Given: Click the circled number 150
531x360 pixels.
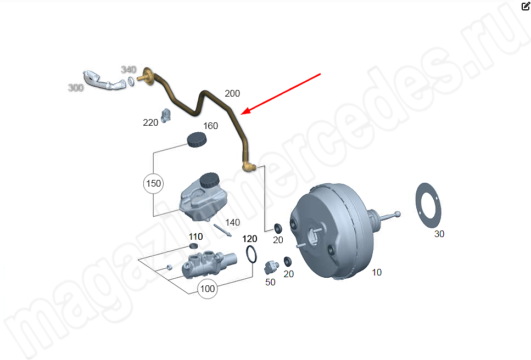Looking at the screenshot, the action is coord(153,183).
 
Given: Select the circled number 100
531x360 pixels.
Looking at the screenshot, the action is coord(207,289).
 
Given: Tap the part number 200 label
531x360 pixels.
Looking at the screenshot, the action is coord(232,93).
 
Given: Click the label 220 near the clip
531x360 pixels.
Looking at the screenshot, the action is coord(150,122).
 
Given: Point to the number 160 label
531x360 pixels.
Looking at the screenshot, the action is coord(210,126).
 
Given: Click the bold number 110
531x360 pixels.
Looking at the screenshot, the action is coord(195,237).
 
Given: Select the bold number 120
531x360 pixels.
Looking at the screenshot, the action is coord(250,239).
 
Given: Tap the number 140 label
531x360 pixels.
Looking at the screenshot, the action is coord(233,222).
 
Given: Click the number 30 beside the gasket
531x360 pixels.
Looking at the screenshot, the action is coord(439,234).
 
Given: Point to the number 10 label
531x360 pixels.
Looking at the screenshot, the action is coord(377,272).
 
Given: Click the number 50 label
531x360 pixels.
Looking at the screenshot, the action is coord(270,282).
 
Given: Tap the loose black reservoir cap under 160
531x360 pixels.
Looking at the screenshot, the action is coord(197,139).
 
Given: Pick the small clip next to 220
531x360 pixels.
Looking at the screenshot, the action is coord(166,116).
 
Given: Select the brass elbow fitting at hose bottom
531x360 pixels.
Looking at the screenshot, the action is coord(249,167).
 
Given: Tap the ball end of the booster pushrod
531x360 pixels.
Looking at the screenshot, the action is coord(398,214).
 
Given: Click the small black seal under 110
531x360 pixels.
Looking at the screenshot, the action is coord(193,246).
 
